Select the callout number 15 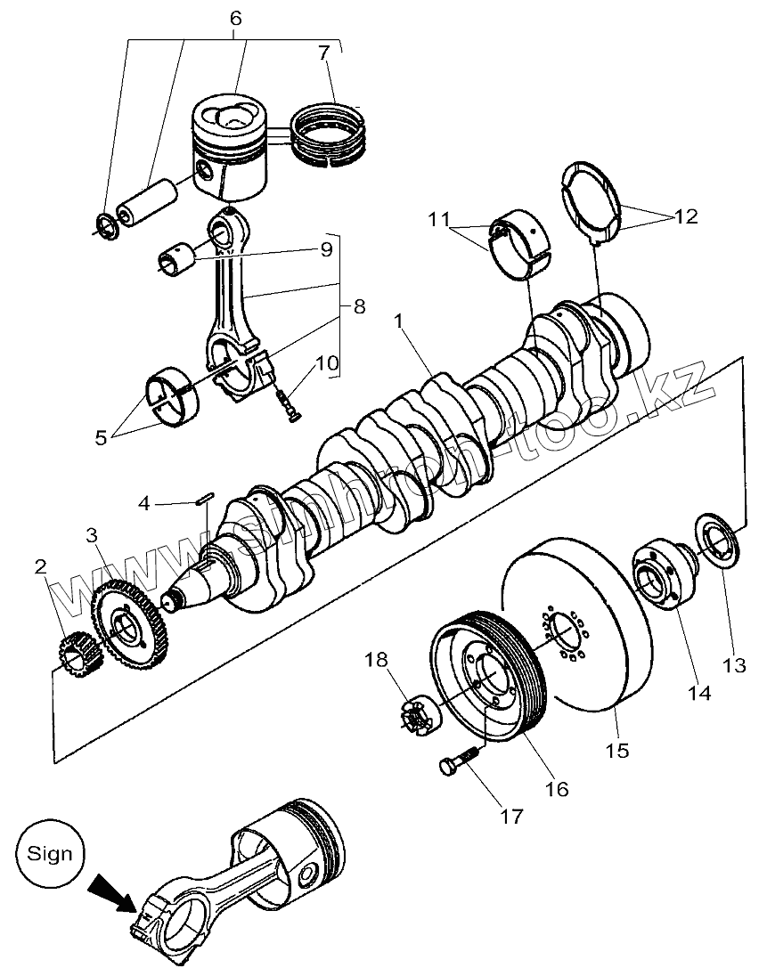click(x=616, y=750)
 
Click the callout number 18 click(x=377, y=660)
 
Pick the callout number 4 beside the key click(x=144, y=505)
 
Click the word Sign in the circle click(x=50, y=853)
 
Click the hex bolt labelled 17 click(x=460, y=759)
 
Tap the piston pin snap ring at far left click(x=105, y=226)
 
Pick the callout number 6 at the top click(x=235, y=19)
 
